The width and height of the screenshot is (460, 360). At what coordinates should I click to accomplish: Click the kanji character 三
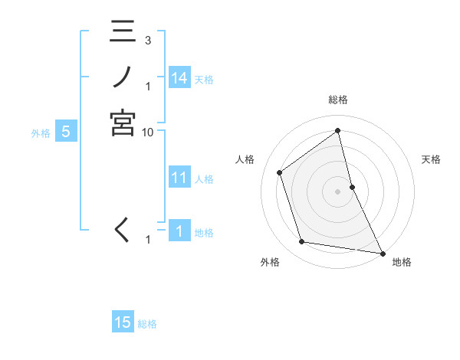[123, 34]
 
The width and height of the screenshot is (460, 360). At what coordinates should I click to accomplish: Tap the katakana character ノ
[123, 77]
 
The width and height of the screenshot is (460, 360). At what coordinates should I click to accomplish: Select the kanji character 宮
[123, 123]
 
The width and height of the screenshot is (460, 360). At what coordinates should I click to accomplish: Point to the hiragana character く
[123, 229]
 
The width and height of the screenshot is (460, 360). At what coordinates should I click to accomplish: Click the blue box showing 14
[179, 77]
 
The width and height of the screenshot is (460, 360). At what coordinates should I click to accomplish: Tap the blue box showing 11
[179, 178]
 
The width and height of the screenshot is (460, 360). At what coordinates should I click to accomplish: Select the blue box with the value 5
[66, 132]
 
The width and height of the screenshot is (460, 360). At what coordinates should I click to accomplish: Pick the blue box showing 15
[123, 322]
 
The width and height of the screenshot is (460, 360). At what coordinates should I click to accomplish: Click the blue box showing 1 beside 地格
[179, 231]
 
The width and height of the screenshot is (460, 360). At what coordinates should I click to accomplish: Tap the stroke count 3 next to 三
[148, 40]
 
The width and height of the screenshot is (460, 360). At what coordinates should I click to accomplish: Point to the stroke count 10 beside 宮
[148, 132]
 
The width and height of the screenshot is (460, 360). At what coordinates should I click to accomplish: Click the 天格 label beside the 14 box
[204, 79]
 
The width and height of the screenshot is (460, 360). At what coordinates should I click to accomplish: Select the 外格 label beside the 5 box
[41, 133]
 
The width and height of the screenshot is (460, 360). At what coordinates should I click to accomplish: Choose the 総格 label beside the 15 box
[147, 324]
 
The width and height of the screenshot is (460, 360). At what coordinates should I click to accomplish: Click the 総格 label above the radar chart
[338, 100]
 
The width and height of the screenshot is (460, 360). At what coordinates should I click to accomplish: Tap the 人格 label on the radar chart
[245, 159]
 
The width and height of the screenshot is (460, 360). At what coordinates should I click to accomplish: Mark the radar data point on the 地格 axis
[381, 253]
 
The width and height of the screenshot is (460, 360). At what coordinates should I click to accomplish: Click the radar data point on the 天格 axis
[352, 186]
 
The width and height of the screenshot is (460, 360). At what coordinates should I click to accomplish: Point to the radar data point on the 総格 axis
[338, 130]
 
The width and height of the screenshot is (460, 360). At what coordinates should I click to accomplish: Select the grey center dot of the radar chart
[338, 191]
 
